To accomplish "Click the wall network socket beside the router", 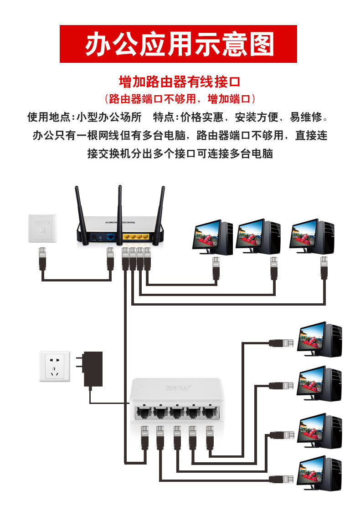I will click(x=43, y=228).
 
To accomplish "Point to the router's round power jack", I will click(x=95, y=237).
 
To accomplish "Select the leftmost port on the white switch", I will click(x=143, y=413).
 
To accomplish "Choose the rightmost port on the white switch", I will click(x=210, y=413).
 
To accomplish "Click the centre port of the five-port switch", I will click(x=176, y=413).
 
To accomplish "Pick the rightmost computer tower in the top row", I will click(x=325, y=237).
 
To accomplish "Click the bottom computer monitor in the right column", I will click(x=312, y=474).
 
